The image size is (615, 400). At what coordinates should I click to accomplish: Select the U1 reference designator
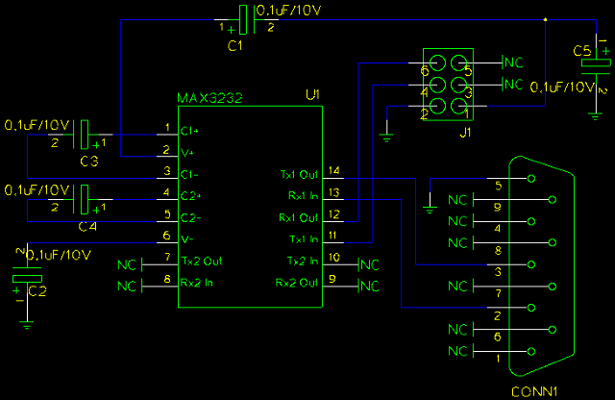[311, 95]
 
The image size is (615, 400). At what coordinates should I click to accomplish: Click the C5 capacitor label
[582, 50]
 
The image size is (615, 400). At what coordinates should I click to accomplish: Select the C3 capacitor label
[88, 161]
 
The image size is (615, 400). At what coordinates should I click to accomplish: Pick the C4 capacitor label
[88, 227]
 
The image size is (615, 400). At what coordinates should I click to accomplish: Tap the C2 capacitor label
[37, 289]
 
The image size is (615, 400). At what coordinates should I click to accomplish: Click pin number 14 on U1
[333, 170]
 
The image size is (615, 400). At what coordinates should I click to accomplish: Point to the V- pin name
[185, 238]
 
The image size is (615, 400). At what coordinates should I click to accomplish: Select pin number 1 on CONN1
[496, 358]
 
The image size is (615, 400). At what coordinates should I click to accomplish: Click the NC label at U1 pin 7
[127, 263]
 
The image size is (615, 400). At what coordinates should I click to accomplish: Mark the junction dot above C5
[545, 19]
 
